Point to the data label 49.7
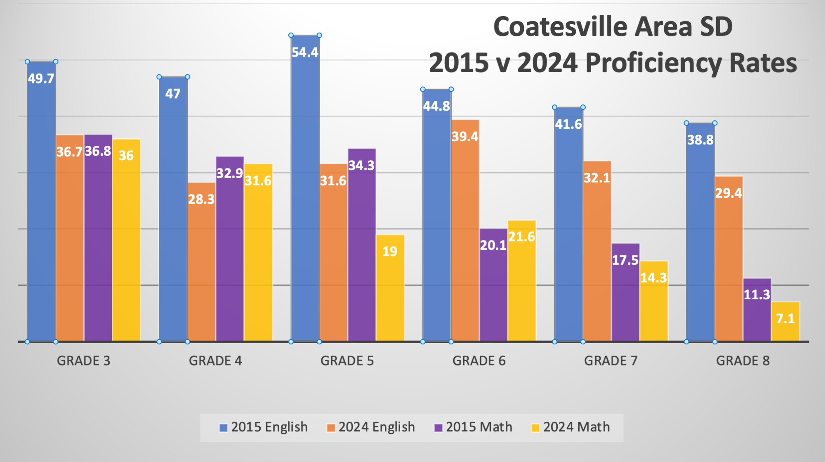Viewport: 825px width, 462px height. [41, 78]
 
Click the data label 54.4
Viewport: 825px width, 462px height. [305, 52]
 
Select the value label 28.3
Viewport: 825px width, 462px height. [201, 199]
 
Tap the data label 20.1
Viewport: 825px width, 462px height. [493, 245]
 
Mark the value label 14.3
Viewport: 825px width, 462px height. [653, 277]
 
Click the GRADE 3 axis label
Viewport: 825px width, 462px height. [83, 361]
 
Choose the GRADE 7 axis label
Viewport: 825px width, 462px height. [610, 361]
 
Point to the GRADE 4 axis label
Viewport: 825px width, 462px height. [215, 361]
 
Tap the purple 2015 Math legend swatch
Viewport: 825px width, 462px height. [438, 428]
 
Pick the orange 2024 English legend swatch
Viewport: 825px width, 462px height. [331, 428]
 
